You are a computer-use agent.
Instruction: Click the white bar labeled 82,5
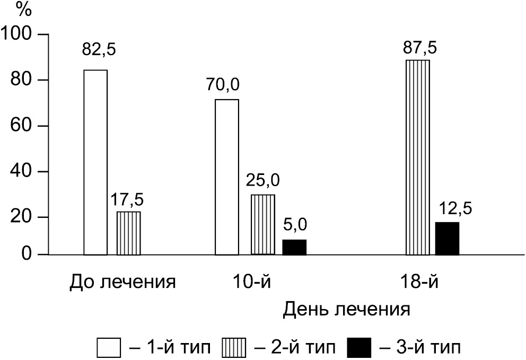pos(95,162)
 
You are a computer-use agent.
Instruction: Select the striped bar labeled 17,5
pos(129,233)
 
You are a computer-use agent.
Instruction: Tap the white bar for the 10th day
pos(227,177)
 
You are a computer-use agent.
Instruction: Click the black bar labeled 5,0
pos(294,248)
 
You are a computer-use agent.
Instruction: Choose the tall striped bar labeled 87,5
pos(417,157)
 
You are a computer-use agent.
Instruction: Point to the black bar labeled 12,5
pos(447,239)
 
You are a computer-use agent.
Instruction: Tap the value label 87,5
pos(419,48)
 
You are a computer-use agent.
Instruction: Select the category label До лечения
pos(122,281)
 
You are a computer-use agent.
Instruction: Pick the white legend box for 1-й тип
pos(110,348)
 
